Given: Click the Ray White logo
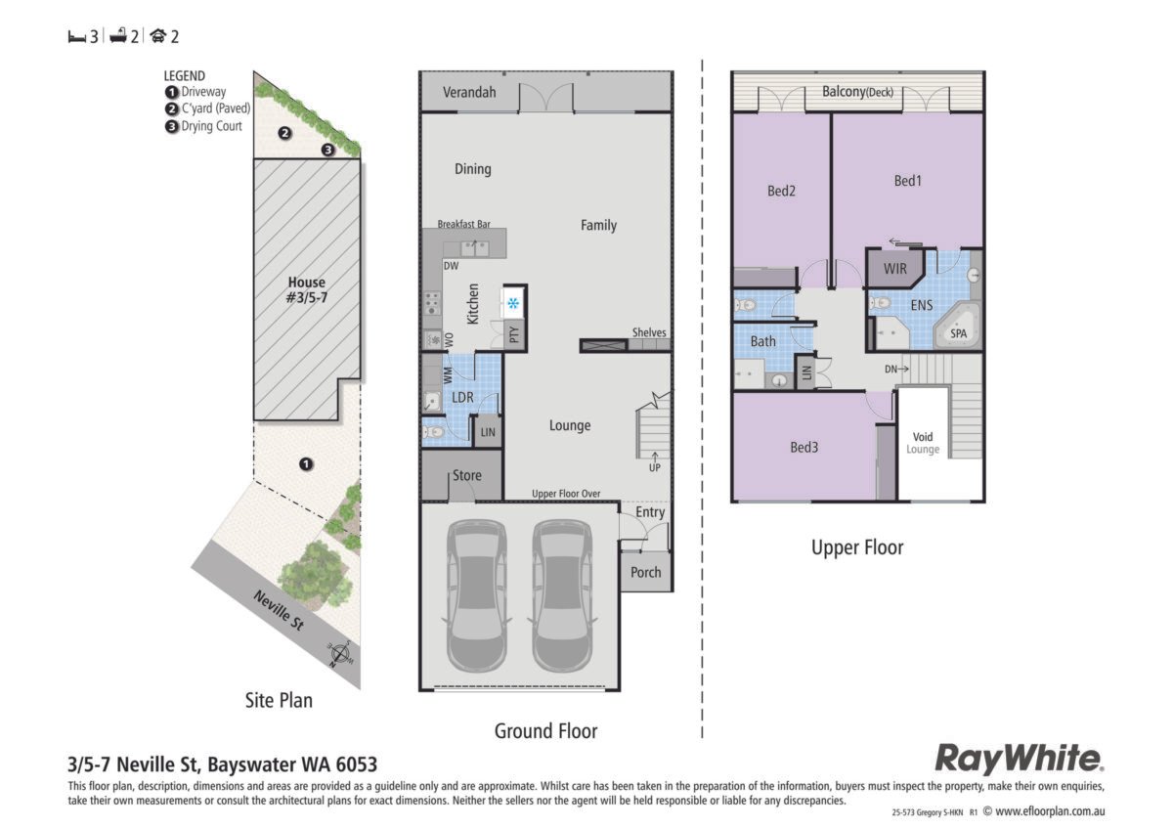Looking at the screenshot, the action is click(1019, 759).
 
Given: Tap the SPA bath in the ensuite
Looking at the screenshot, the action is click(956, 327).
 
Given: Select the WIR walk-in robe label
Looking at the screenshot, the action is click(895, 269).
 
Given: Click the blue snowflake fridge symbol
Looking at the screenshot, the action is click(513, 303).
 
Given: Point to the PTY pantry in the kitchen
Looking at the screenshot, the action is click(514, 334).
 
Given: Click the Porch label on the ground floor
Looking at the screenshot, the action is click(646, 573).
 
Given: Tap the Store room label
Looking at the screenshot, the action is click(466, 475).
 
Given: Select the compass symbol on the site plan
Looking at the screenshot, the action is click(340, 654).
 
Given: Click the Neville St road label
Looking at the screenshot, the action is click(279, 611).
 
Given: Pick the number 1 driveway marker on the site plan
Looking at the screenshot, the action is click(306, 464).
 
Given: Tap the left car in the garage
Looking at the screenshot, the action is click(477, 595).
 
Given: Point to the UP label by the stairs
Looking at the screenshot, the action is click(655, 467).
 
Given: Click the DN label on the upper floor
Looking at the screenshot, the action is click(891, 370).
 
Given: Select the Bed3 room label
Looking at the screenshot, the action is click(804, 447).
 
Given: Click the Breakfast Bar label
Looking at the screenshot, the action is click(464, 224).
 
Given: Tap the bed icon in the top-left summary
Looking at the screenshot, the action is click(76, 36).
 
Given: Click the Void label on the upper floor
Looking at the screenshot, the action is click(923, 437).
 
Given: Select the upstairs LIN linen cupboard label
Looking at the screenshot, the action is click(806, 372).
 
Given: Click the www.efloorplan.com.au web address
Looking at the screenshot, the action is click(1050, 811).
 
